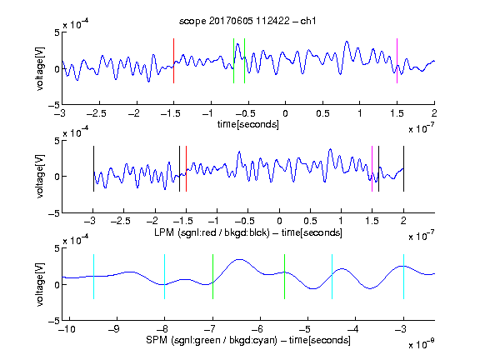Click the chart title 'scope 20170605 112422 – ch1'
click(247, 21)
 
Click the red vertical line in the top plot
click(173, 61)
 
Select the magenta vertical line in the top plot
click(397, 61)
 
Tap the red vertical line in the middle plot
click(186, 168)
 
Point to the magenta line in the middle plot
click(372, 168)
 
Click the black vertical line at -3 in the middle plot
click(93, 168)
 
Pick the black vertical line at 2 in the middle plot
click(403, 168)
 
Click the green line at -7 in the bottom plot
click(212, 277)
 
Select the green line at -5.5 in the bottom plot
click(284, 277)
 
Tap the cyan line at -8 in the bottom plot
click(164, 277)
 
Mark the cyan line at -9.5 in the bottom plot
click(93, 277)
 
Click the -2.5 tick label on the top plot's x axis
click(97, 113)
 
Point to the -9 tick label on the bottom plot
click(114, 329)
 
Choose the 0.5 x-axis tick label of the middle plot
click(310, 221)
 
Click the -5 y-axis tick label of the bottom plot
click(54, 321)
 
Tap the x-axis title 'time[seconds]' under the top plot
click(248, 124)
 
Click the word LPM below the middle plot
click(164, 232)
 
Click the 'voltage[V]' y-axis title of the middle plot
click(40, 176)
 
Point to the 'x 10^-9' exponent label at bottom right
click(422, 344)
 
